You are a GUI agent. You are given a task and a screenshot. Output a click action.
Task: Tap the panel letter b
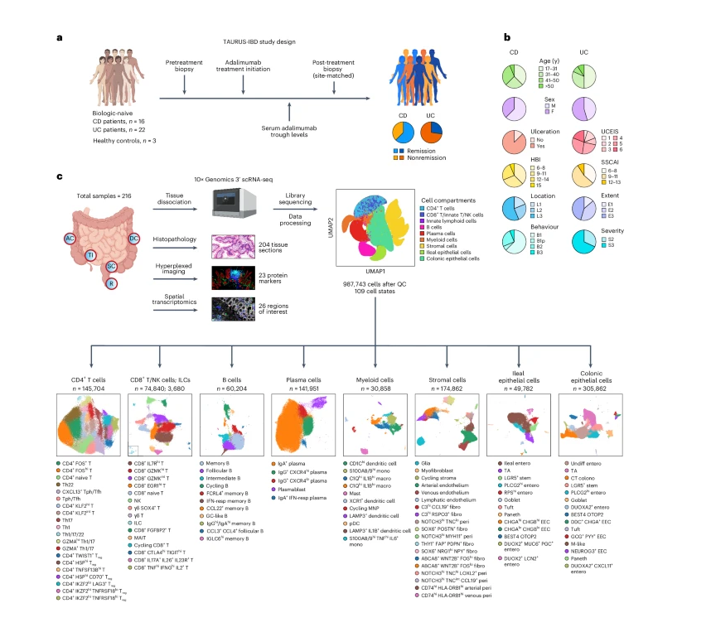(507, 37)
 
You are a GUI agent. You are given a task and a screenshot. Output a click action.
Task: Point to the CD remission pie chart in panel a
(404, 132)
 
